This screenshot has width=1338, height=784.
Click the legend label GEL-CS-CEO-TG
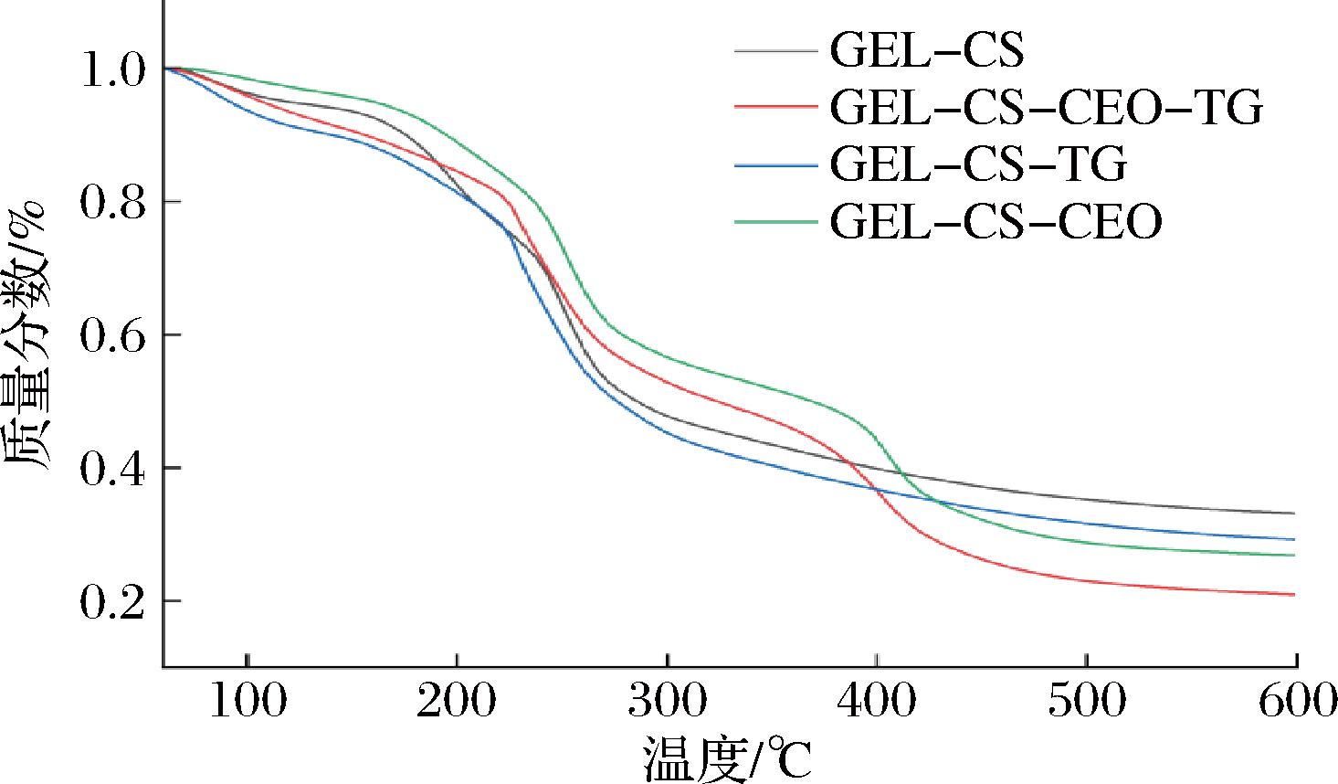[x=1046, y=108]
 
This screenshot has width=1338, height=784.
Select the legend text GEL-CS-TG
[x=978, y=165]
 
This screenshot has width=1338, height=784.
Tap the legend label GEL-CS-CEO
[x=996, y=222]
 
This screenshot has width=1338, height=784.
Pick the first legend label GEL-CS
[x=926, y=51]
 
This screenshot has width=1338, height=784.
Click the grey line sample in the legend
[x=775, y=51]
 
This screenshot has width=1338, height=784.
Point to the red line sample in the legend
[x=775, y=108]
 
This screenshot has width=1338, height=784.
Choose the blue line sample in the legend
[x=775, y=165]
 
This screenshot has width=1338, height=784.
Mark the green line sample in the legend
[x=775, y=222]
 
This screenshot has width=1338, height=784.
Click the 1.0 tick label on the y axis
[x=111, y=70]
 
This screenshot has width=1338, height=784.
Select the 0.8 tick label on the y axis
[x=111, y=203]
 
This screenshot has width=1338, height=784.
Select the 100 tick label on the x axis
[x=248, y=701]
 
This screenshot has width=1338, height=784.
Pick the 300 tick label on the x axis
[x=668, y=701]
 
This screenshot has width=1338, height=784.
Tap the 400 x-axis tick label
[x=877, y=701]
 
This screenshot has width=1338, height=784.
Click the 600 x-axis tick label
[x=1295, y=701]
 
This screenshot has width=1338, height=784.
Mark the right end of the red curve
[x=1294, y=595]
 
